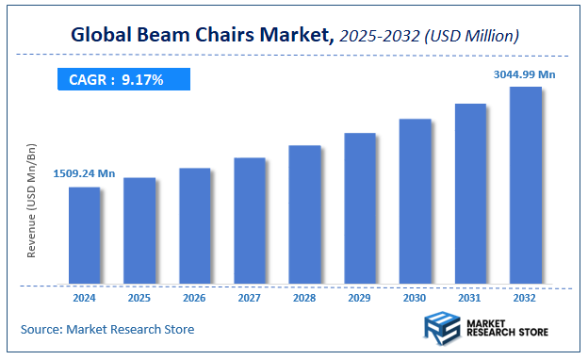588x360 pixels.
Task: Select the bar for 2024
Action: coord(85,236)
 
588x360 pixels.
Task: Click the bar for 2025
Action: coord(139,231)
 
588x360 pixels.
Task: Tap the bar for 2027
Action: coord(250,221)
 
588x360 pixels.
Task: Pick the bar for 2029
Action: coord(360,208)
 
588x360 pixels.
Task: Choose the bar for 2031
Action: coord(470,194)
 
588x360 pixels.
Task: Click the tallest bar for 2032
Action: coord(526,186)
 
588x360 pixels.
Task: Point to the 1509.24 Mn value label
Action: coord(84,173)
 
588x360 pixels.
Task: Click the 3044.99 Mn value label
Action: coord(524,73)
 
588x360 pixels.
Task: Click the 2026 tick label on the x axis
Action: coord(195,298)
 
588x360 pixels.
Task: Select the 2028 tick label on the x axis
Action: coord(305,298)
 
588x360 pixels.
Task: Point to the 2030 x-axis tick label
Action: coord(416,298)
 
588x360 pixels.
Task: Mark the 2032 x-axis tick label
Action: coord(526,298)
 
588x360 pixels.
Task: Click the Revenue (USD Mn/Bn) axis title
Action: coord(31,203)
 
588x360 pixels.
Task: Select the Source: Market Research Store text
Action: coord(107,329)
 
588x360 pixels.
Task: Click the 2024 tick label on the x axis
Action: coord(85,298)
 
